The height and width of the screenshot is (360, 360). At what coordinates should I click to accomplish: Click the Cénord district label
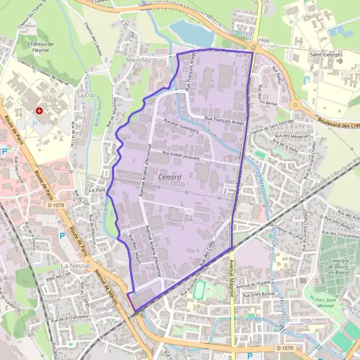click(171, 178)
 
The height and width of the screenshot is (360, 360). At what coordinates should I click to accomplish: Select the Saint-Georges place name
click(326, 54)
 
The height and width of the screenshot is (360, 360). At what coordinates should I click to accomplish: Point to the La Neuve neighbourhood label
click(74, 265)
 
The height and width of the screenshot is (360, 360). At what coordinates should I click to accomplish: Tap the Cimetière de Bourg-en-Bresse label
click(335, 266)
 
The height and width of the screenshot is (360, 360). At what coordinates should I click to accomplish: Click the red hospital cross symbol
click(40, 110)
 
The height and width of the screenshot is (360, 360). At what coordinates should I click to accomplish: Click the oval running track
click(199, 291)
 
